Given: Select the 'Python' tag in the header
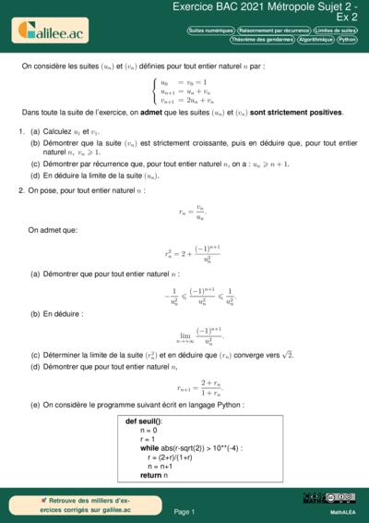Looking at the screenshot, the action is click(x=347, y=40).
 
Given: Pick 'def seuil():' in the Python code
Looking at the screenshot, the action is click(x=144, y=420).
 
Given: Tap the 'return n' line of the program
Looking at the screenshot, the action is click(x=152, y=474).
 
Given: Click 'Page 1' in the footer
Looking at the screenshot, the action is click(x=184, y=510).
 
